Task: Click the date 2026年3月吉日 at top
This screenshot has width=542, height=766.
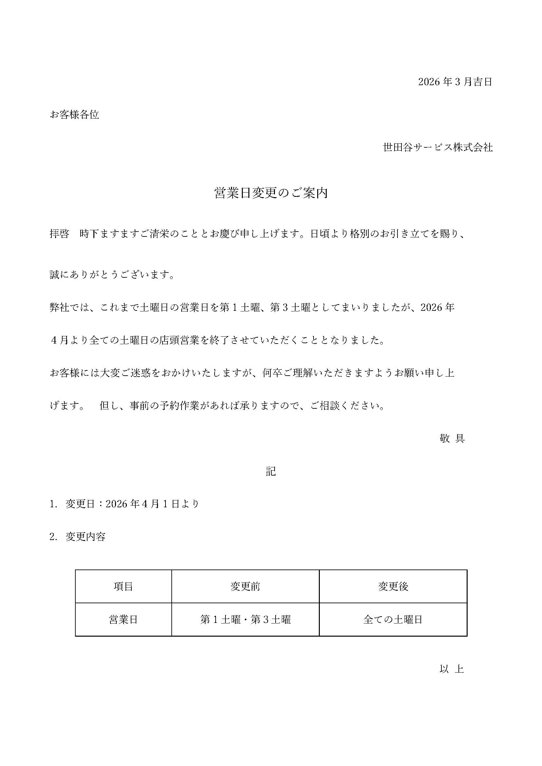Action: [x=455, y=82]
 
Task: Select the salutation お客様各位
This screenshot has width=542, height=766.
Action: [x=74, y=115]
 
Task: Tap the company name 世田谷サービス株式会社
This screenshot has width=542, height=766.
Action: [x=438, y=147]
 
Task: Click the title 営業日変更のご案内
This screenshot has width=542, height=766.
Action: [x=271, y=194]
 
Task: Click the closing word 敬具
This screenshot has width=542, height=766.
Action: [x=452, y=439]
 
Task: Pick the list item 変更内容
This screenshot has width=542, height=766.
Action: [x=86, y=537]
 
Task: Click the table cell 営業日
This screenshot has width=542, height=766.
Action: [x=124, y=620]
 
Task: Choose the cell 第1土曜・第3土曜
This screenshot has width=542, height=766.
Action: [x=245, y=620]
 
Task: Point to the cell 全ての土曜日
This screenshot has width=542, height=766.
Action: [x=393, y=620]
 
